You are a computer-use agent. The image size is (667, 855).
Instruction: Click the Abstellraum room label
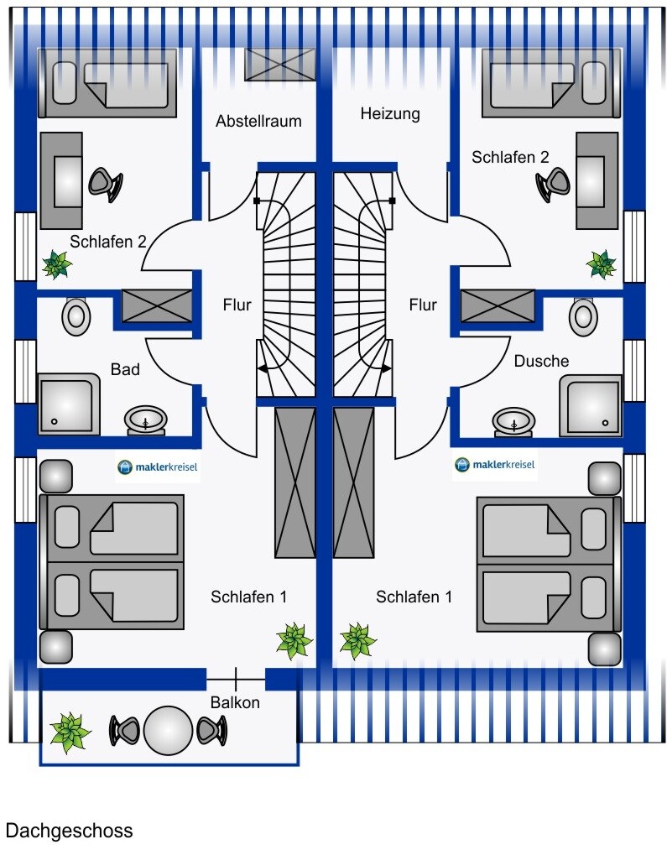click(x=258, y=121)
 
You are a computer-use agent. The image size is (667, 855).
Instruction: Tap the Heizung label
click(x=390, y=114)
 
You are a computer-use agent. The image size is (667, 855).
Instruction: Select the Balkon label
click(x=235, y=702)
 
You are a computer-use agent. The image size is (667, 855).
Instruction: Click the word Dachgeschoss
click(x=70, y=831)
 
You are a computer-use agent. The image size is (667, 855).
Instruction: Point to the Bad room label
click(x=125, y=369)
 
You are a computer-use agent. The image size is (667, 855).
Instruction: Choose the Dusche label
click(x=541, y=361)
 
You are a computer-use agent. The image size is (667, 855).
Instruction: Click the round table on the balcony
click(x=168, y=731)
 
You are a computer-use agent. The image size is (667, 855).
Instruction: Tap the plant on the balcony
click(x=70, y=732)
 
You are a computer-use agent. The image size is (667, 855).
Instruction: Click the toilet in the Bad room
click(x=76, y=315)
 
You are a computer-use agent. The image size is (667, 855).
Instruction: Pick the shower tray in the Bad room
click(x=69, y=404)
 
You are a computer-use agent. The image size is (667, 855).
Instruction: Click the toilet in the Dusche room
click(x=583, y=316)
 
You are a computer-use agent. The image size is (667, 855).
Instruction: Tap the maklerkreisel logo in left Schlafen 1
click(x=157, y=467)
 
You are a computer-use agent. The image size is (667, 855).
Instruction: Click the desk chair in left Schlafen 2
click(x=106, y=184)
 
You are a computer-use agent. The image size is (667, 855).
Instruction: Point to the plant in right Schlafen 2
click(x=602, y=264)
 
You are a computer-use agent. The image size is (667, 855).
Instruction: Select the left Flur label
click(x=237, y=305)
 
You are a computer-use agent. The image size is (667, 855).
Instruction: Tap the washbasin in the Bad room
click(x=146, y=421)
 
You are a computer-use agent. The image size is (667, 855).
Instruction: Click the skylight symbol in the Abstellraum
click(x=279, y=65)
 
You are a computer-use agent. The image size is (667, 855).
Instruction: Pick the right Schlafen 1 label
click(x=414, y=597)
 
